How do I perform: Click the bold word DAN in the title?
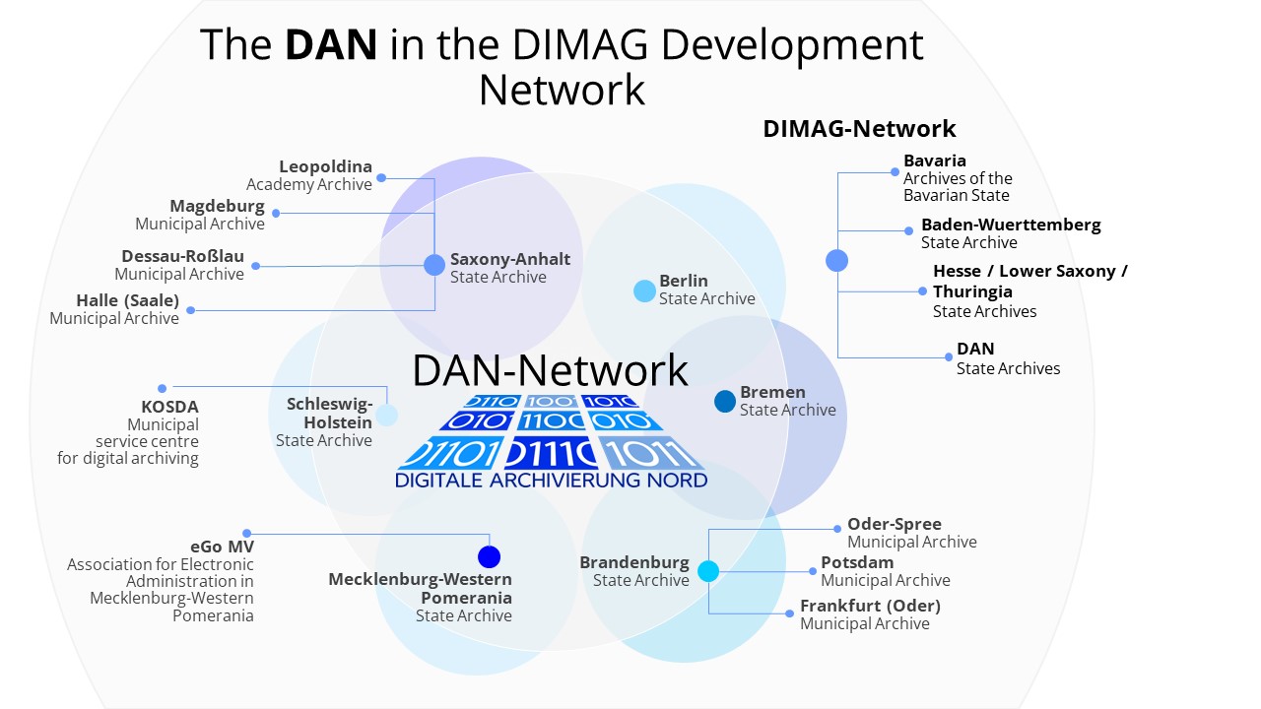[x=331, y=45]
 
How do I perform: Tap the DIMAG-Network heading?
[x=859, y=129]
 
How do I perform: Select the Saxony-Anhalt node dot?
[x=434, y=265]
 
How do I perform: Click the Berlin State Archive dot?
[x=644, y=290]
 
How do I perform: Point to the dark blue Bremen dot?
[x=725, y=401]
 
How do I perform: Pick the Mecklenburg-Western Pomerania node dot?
[x=489, y=556]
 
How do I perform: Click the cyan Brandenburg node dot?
[x=708, y=571]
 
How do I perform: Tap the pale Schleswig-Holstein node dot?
[x=387, y=415]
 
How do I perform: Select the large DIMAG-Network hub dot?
[x=837, y=260]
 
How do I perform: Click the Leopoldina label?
[x=325, y=166]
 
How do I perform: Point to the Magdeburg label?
[x=217, y=206]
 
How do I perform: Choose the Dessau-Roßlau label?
[x=183, y=256]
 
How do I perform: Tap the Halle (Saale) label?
[x=128, y=300]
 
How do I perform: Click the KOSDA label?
[x=169, y=407]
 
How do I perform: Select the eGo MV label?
[x=222, y=547]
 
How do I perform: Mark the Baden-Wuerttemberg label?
[x=1011, y=225]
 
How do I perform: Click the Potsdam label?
[x=857, y=562]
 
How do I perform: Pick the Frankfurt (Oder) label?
[x=870, y=606]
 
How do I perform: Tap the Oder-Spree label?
[x=895, y=524]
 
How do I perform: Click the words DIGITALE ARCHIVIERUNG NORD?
[x=551, y=481]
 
